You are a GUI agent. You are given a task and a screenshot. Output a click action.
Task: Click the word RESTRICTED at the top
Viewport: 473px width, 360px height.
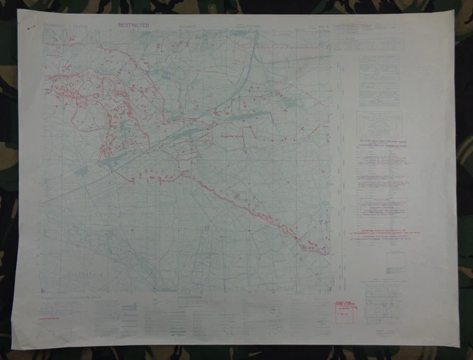tap(133, 25)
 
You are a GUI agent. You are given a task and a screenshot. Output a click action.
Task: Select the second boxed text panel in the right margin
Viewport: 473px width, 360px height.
tap(378, 122)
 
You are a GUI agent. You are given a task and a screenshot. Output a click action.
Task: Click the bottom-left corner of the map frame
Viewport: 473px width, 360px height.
tap(44, 291)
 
